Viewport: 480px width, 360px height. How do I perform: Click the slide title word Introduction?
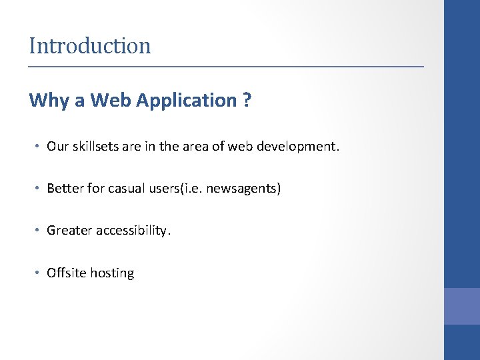coord(90,46)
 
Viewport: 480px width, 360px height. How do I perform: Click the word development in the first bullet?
coord(303,147)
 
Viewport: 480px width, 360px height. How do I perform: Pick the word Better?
coord(65,189)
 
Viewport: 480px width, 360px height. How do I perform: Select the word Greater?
coord(69,231)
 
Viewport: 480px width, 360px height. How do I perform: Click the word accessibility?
coord(133,231)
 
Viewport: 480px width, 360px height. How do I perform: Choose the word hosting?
coord(112,273)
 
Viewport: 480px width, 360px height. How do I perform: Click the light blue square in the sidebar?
coord(462,306)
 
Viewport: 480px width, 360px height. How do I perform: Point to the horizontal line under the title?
coord(226,67)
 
